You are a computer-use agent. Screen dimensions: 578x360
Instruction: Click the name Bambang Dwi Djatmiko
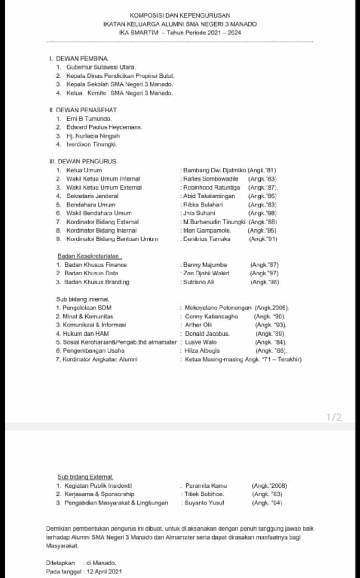[215, 170]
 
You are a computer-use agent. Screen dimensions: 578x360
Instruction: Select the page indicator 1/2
[334, 417]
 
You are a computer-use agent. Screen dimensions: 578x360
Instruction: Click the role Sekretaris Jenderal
[92, 196]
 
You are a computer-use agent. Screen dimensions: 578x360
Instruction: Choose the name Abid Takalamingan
[209, 196]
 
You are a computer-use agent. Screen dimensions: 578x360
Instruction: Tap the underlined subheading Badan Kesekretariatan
[88, 256]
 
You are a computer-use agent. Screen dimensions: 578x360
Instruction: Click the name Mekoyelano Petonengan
[218, 308]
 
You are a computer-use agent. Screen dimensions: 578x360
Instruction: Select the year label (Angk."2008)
[269, 486]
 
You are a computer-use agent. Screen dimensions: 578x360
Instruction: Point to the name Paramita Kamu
[206, 486]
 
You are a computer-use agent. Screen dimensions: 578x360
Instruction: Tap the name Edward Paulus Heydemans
[104, 127]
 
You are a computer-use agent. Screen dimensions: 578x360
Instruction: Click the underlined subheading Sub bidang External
[85, 477]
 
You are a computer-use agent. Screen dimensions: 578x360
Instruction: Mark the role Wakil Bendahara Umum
[99, 213]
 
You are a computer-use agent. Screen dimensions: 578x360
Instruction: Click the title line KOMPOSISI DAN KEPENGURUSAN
[180, 15]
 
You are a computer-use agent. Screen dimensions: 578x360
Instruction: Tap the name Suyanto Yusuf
[205, 503]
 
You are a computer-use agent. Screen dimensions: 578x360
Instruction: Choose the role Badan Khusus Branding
[97, 282]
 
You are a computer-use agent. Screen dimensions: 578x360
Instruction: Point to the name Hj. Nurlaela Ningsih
[93, 135]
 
